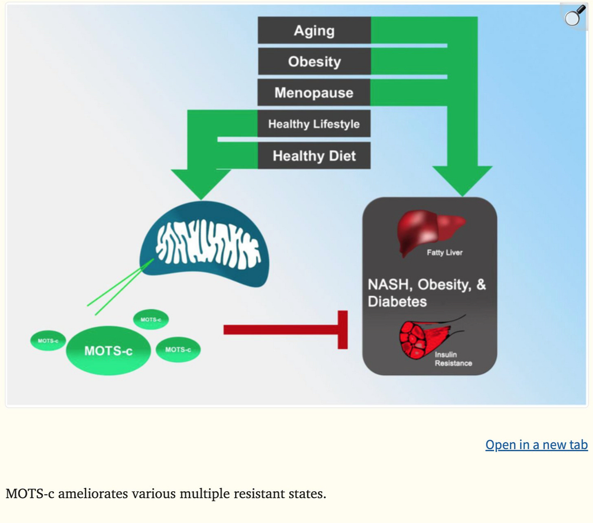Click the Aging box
314,31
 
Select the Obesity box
314,62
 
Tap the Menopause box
314,92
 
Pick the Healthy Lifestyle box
314,124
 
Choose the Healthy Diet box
314,156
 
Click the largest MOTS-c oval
108,350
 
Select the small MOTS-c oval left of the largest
48,341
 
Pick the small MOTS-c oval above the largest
151,319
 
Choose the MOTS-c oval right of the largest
178,349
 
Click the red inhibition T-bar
285,330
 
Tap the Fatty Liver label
444,253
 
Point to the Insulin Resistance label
453,359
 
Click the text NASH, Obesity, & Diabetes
426,293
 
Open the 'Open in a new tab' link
536,445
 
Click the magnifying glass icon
574,16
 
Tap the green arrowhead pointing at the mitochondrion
201,183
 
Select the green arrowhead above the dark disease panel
462,180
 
